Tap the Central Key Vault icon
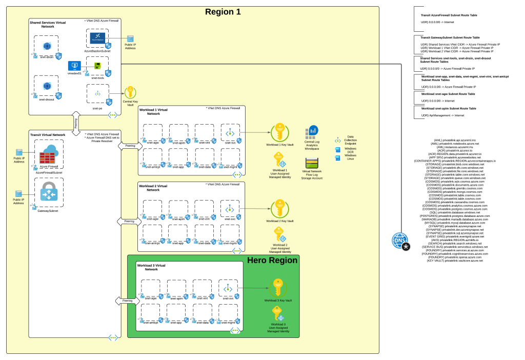pyautogui.click(x=130, y=92)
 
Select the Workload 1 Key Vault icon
pyautogui.click(x=280, y=133)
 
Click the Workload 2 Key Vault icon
pyautogui.click(x=280, y=208)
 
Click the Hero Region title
pyautogui.click(x=272, y=261)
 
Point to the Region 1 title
pyautogui.click(x=223, y=12)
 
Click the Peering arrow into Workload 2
pyautogui.click(x=129, y=222)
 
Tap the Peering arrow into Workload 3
pyautogui.click(x=127, y=301)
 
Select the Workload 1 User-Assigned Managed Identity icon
pyautogui.click(x=280, y=159)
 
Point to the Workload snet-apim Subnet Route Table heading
pyautogui.click(x=448, y=109)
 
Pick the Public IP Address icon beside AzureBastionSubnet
pyautogui.click(x=130, y=39)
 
